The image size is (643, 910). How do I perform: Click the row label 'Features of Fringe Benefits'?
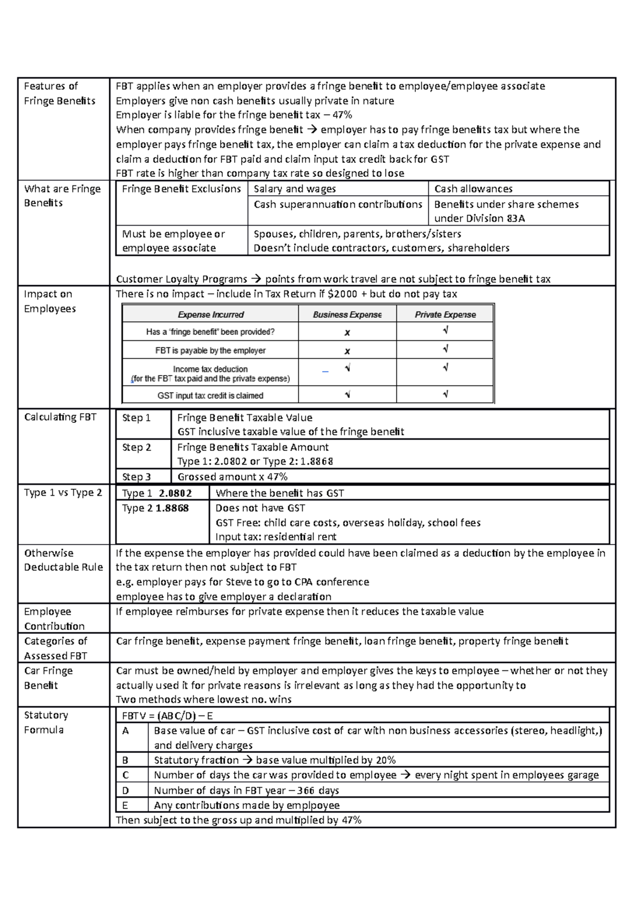(59, 93)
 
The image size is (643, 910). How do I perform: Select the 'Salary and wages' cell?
(295, 189)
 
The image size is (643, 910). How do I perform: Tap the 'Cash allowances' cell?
(473, 189)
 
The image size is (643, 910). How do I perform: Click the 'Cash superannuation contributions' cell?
(338, 204)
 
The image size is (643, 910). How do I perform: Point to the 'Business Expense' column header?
(347, 315)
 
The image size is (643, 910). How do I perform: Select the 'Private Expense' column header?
(445, 315)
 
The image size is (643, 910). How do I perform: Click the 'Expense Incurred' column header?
(211, 315)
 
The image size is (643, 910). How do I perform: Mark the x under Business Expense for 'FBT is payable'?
(347, 351)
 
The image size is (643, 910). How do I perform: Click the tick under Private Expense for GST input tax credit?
(445, 394)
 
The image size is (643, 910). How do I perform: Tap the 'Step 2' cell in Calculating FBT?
(137, 447)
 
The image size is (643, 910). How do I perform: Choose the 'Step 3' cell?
(137, 476)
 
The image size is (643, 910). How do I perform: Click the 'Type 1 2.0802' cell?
(156, 493)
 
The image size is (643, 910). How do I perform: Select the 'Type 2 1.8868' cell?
(155, 508)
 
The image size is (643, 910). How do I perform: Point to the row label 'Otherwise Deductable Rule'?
(63, 560)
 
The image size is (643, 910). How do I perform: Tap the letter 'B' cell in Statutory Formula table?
(125, 760)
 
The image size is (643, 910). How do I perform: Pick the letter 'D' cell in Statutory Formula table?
(125, 790)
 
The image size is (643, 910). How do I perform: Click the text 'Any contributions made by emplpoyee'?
(246, 805)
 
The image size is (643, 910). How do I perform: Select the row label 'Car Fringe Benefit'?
(48, 678)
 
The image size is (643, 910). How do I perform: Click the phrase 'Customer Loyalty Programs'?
(182, 279)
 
